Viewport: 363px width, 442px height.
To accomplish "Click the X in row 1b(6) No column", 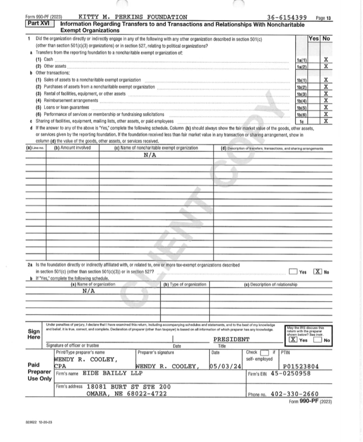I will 326,114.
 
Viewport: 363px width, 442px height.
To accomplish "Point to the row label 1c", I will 301,121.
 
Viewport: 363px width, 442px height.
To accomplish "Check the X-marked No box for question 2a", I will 318,272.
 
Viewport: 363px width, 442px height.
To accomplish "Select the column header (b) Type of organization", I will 184,284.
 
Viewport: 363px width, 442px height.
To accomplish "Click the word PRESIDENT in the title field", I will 232,340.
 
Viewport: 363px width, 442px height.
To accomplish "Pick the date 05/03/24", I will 224,366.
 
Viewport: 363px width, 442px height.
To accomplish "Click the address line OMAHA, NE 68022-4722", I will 126,394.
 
